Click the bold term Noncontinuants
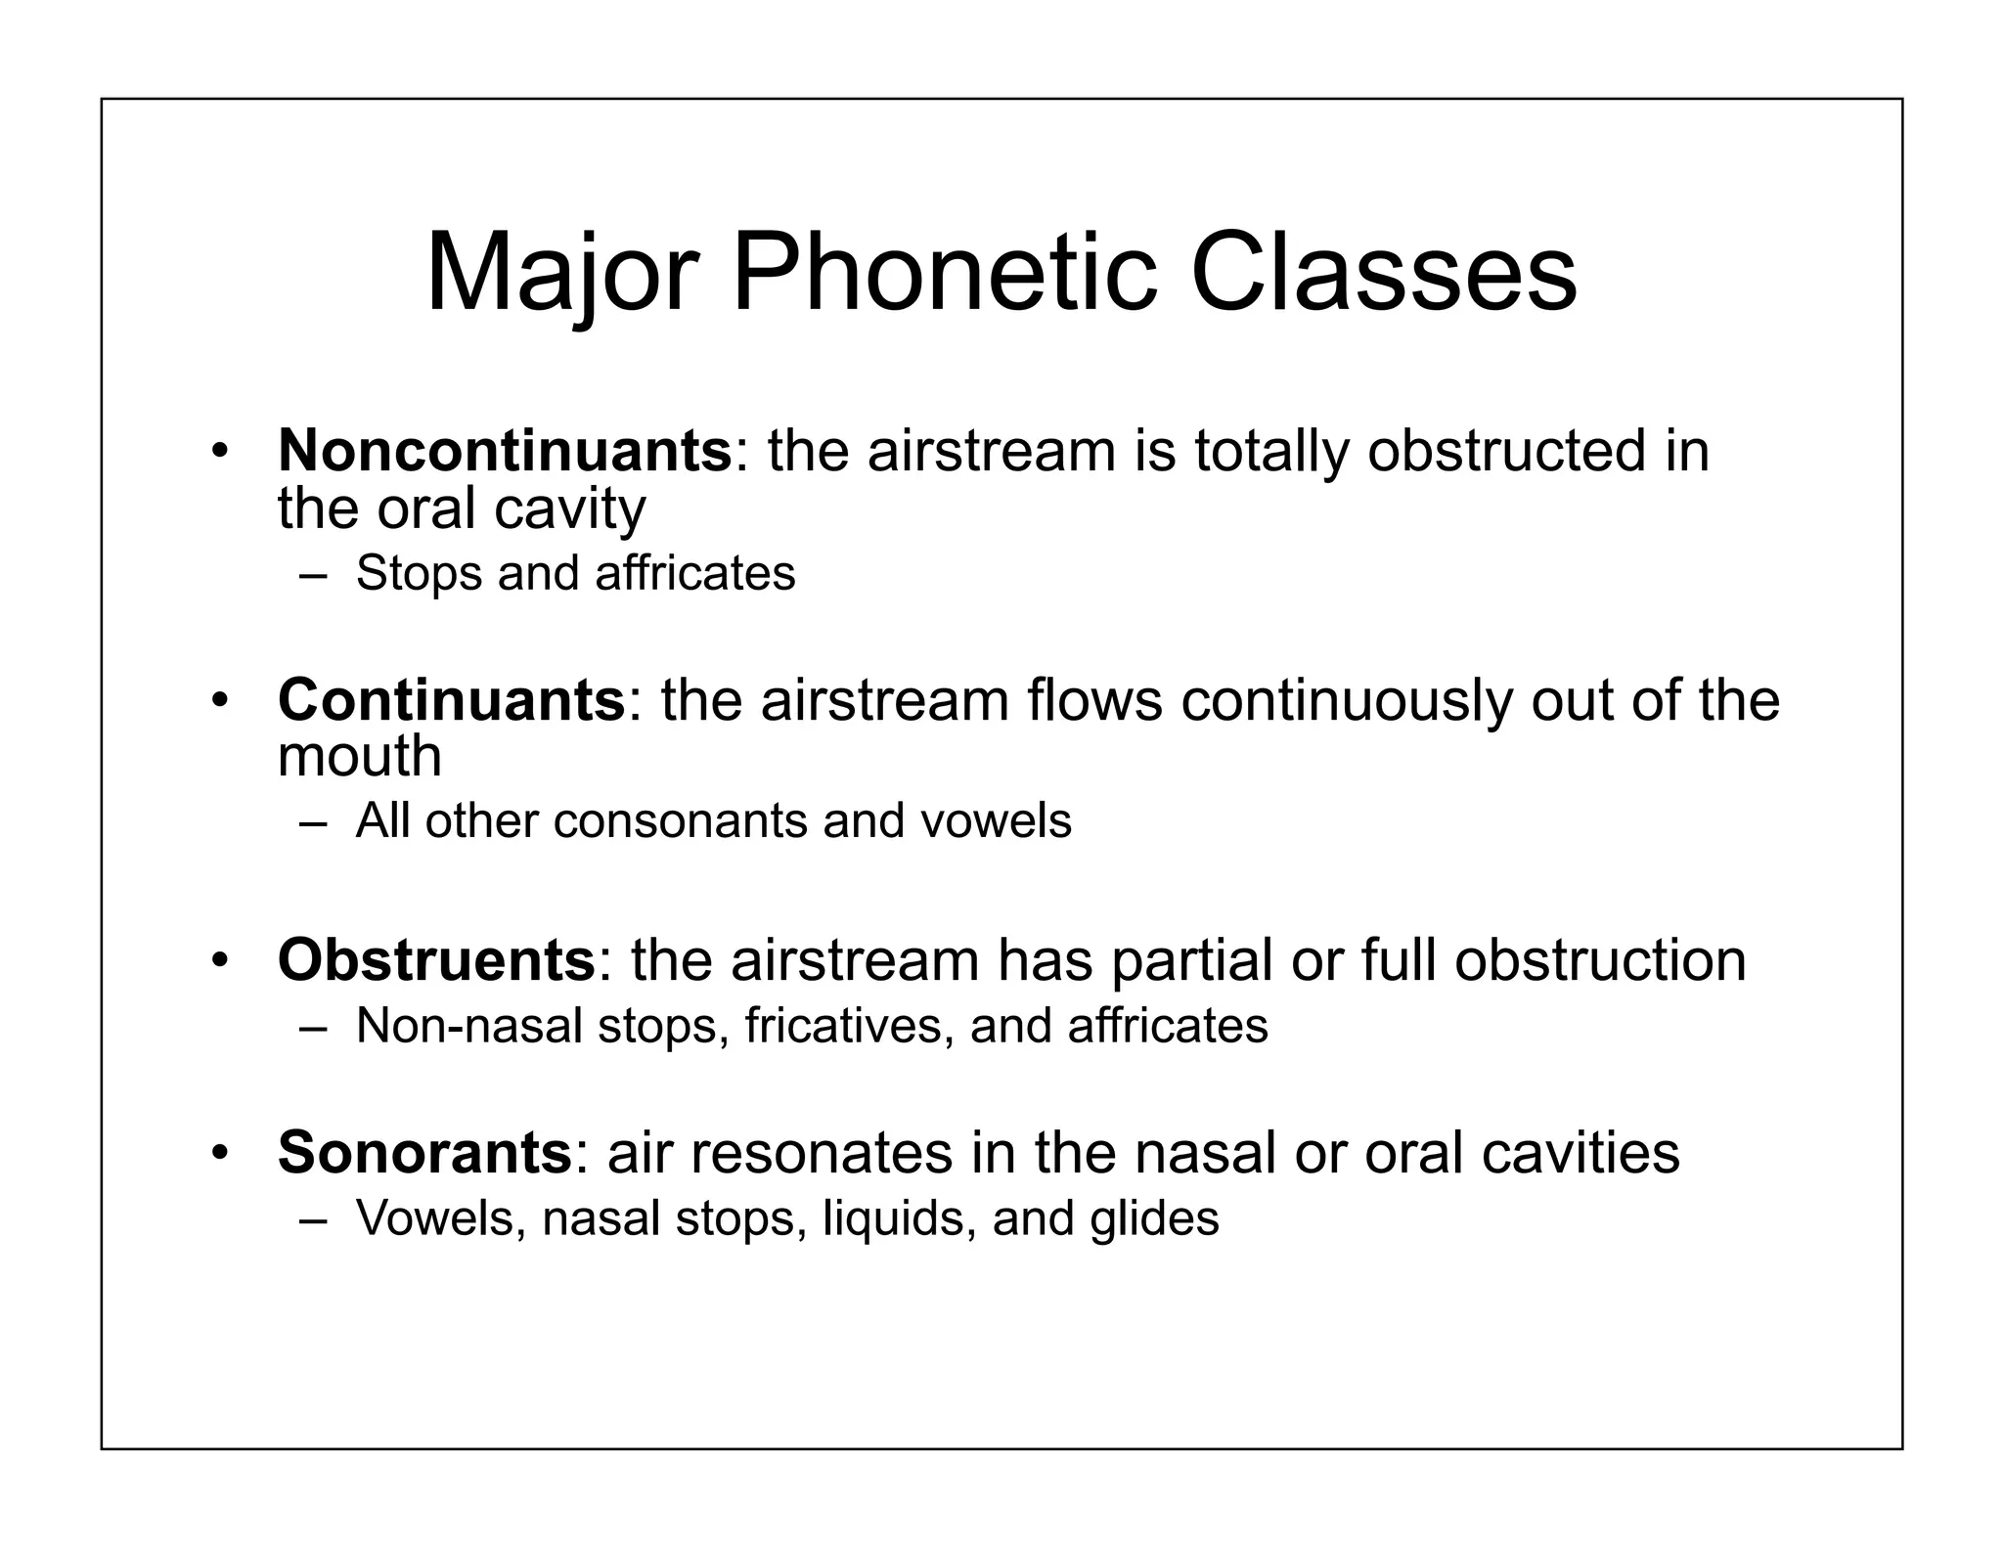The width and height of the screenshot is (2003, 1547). tap(505, 451)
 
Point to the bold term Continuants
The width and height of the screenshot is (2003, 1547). tap(451, 700)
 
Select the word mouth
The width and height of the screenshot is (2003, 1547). tap(360, 756)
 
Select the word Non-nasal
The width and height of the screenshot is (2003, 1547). tap(469, 1026)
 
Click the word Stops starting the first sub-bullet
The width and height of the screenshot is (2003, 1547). tap(419, 574)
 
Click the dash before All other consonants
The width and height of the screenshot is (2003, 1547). tap(313, 821)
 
